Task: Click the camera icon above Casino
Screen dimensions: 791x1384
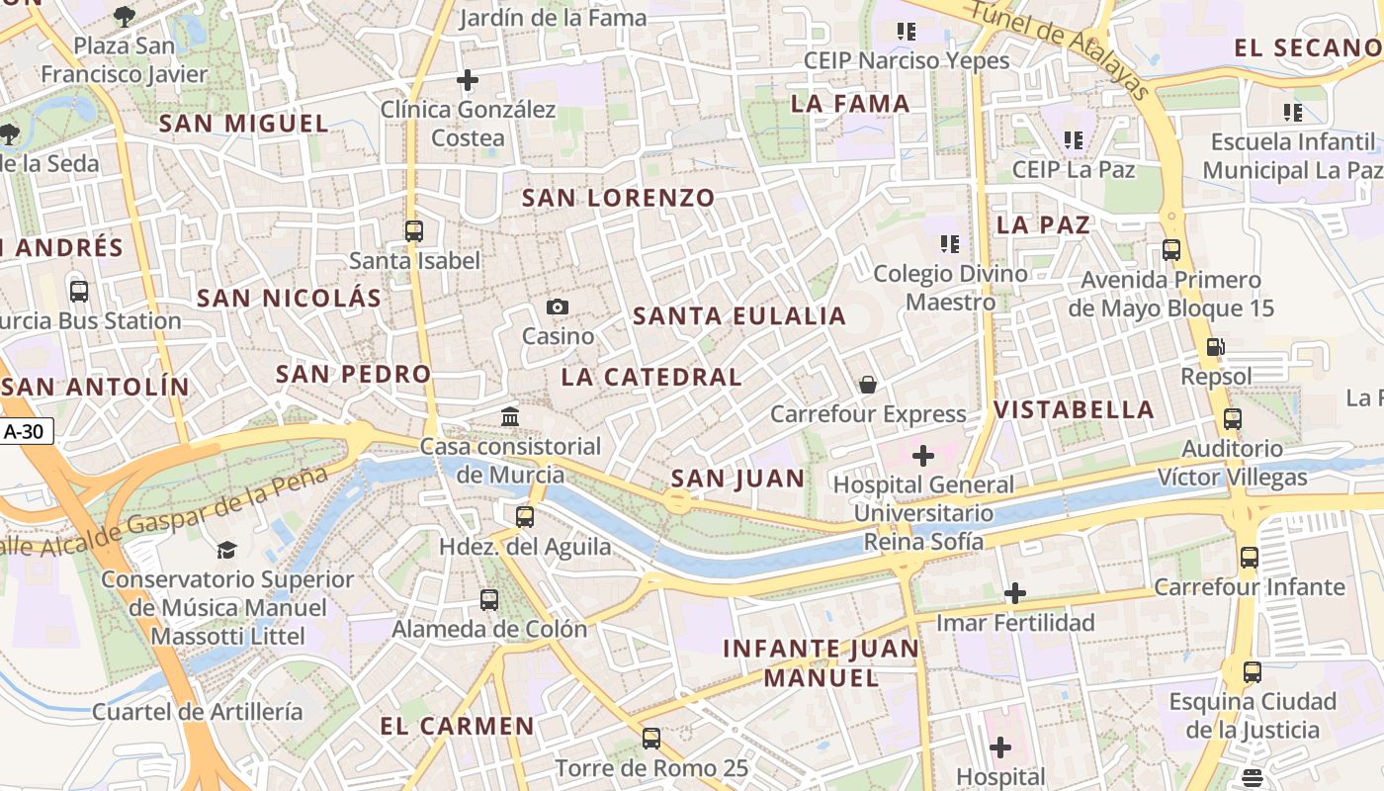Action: coord(558,308)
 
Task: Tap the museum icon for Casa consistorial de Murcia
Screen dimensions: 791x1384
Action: coord(510,416)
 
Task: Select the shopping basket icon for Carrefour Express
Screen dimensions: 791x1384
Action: coord(868,384)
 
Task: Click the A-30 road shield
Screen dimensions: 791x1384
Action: coord(27,432)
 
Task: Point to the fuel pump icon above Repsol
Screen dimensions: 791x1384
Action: coord(1215,347)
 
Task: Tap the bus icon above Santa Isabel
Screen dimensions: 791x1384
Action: coord(414,231)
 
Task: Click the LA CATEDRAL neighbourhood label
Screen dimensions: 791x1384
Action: coord(651,377)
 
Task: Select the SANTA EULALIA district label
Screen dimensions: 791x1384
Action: coord(739,316)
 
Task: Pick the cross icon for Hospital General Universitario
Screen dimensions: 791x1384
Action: coord(922,456)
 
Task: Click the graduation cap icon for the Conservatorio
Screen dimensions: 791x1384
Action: coord(227,551)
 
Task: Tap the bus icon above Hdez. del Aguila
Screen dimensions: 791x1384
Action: coord(525,516)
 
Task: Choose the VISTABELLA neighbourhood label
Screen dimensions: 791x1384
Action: coord(1074,409)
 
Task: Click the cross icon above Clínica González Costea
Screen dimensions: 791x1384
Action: coord(468,80)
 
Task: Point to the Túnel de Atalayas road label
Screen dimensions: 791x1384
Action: coord(1058,48)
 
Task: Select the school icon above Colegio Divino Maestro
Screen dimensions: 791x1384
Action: coord(950,243)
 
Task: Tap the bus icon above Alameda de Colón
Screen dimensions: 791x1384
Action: coord(489,599)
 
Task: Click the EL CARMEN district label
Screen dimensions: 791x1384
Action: coord(457,726)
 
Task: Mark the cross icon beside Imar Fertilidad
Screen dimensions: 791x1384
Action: coord(1014,593)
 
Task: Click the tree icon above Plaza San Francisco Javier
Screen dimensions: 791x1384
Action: coord(125,16)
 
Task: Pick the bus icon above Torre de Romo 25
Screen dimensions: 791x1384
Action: coord(650,738)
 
